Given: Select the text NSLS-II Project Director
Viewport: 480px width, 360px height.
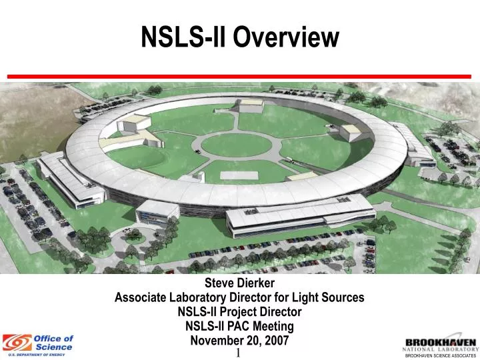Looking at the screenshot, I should coord(239,311).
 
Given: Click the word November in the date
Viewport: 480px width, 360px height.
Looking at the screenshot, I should coord(217,340).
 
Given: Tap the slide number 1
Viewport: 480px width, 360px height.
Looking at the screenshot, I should coord(238,352).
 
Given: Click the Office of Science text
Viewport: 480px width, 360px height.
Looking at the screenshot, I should coord(53,343).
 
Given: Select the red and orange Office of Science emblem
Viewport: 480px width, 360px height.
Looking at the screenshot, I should coord(17,343).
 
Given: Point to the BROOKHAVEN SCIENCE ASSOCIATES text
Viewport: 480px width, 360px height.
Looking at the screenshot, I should coord(441,356).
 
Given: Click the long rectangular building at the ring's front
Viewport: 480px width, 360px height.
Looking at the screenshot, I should coord(300,215).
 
